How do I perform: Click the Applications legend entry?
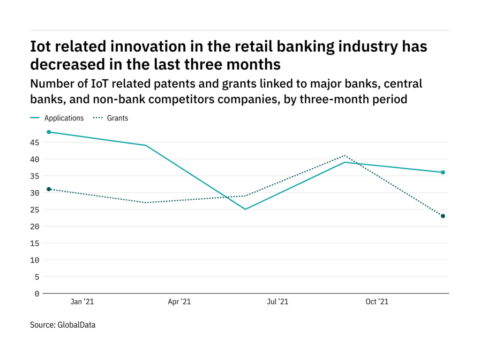[x=64, y=118]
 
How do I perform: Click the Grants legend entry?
[x=117, y=118]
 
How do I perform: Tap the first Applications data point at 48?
[x=49, y=132]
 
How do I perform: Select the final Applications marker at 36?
[x=442, y=172]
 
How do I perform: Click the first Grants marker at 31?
[x=49, y=189]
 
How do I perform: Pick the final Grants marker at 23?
[x=442, y=216]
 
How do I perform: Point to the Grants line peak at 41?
[x=345, y=156]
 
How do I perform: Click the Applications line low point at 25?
[x=246, y=209]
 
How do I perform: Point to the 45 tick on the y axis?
[x=35, y=142]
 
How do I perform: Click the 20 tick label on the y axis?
[x=35, y=226]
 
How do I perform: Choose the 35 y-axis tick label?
[x=35, y=176]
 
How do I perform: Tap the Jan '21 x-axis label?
[x=82, y=302]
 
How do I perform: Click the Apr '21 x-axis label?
[x=180, y=302]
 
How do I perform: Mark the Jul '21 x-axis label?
[x=277, y=302]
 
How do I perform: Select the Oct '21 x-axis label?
[x=377, y=302]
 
